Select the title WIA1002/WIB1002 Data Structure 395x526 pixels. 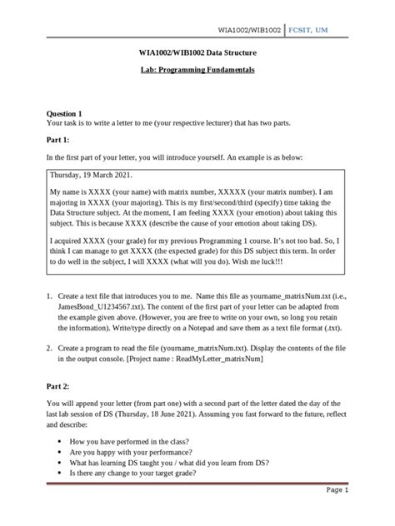coord(196,53)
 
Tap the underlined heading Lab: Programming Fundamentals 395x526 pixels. coord(196,72)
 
